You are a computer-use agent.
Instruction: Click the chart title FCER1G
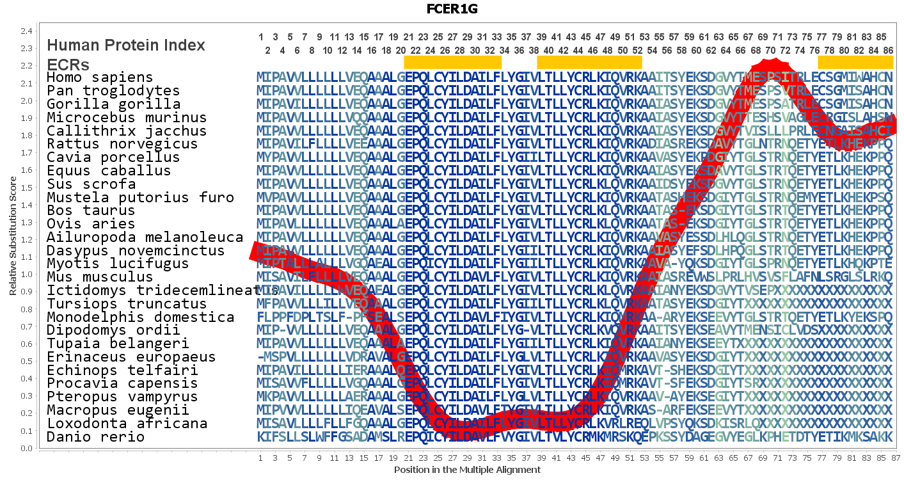pyautogui.click(x=452, y=9)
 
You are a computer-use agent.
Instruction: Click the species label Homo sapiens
pyautogui.click(x=100, y=77)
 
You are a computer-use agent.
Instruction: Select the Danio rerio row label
pyautogui.click(x=95, y=437)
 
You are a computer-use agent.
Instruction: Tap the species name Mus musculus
pyautogui.click(x=100, y=277)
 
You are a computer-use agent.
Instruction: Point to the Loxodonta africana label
pyautogui.click(x=127, y=424)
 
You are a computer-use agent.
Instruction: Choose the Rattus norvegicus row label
pyautogui.click(x=122, y=144)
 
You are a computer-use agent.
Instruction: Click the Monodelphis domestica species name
pyautogui.click(x=140, y=317)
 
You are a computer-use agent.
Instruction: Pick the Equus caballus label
pyautogui.click(x=109, y=171)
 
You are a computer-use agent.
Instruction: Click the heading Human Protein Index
pyautogui.click(x=126, y=45)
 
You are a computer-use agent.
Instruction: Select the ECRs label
pyautogui.click(x=68, y=65)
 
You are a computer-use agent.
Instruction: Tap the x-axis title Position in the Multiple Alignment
pyautogui.click(x=467, y=470)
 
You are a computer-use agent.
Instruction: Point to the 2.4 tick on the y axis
pyautogui.click(x=26, y=31)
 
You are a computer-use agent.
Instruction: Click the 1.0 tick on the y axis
pyautogui.click(x=26, y=274)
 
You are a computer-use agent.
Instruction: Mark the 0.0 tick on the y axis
pyautogui.click(x=26, y=448)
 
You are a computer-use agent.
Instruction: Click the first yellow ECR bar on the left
pyautogui.click(x=452, y=62)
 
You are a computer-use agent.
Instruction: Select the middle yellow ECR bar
pyautogui.click(x=589, y=62)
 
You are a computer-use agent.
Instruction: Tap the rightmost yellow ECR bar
pyautogui.click(x=855, y=62)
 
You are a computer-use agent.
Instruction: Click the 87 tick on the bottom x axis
pyautogui.click(x=896, y=458)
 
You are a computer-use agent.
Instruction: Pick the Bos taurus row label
pyautogui.click(x=91, y=211)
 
